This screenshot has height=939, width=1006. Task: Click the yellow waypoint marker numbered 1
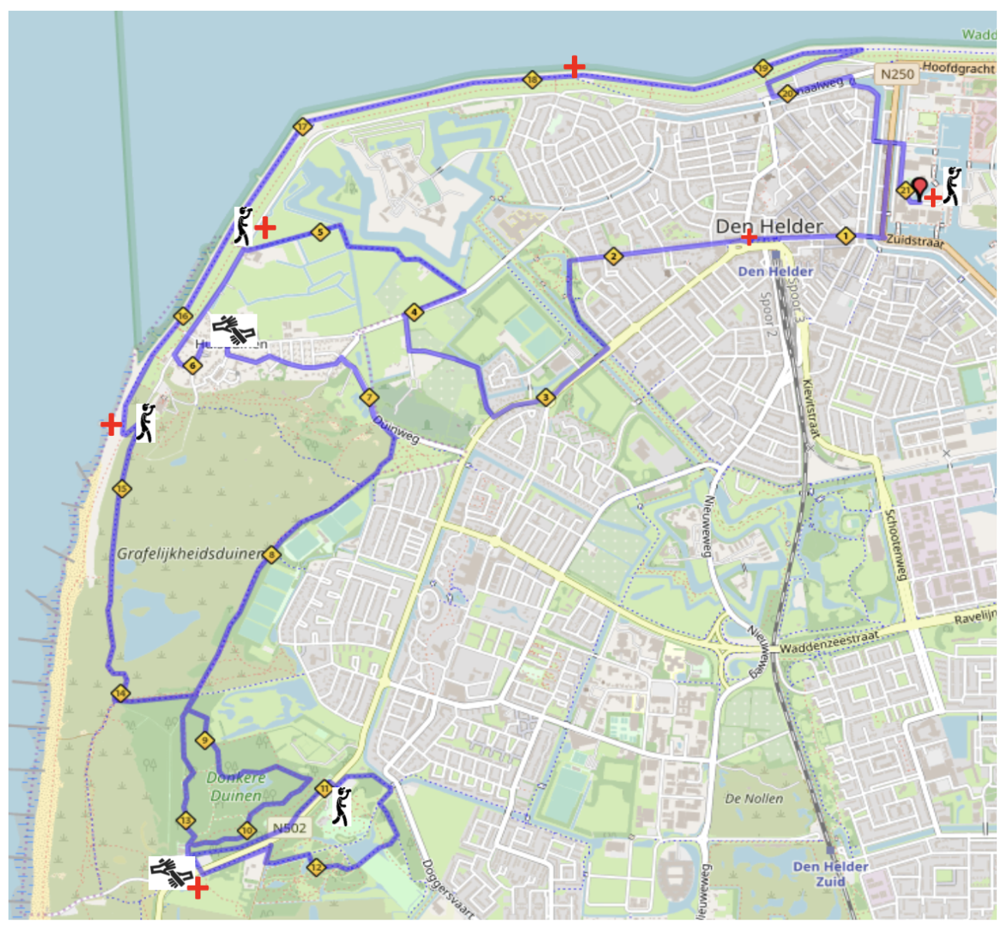[845, 235]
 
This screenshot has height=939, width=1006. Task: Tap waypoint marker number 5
[320, 231]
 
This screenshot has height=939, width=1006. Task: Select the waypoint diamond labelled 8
[271, 554]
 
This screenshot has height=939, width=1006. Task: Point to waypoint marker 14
[120, 693]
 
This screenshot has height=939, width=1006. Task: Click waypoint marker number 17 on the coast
[303, 126]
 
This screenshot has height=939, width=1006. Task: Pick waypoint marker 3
[546, 397]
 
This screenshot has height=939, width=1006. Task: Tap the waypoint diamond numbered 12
[315, 866]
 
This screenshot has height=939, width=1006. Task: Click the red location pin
[919, 187]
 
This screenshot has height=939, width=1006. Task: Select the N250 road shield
[897, 74]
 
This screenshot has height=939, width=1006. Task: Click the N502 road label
[289, 828]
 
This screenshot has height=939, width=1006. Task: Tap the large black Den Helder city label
[768, 226]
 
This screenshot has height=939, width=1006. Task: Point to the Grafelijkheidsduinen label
[190, 553]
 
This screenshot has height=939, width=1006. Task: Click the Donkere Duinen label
[236, 786]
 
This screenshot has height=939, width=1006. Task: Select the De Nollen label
[754, 798]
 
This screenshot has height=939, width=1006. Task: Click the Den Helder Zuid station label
[830, 873]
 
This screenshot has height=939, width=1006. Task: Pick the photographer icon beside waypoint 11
[341, 807]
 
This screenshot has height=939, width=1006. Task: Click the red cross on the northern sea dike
[573, 67]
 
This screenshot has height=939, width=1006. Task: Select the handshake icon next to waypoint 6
[234, 330]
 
